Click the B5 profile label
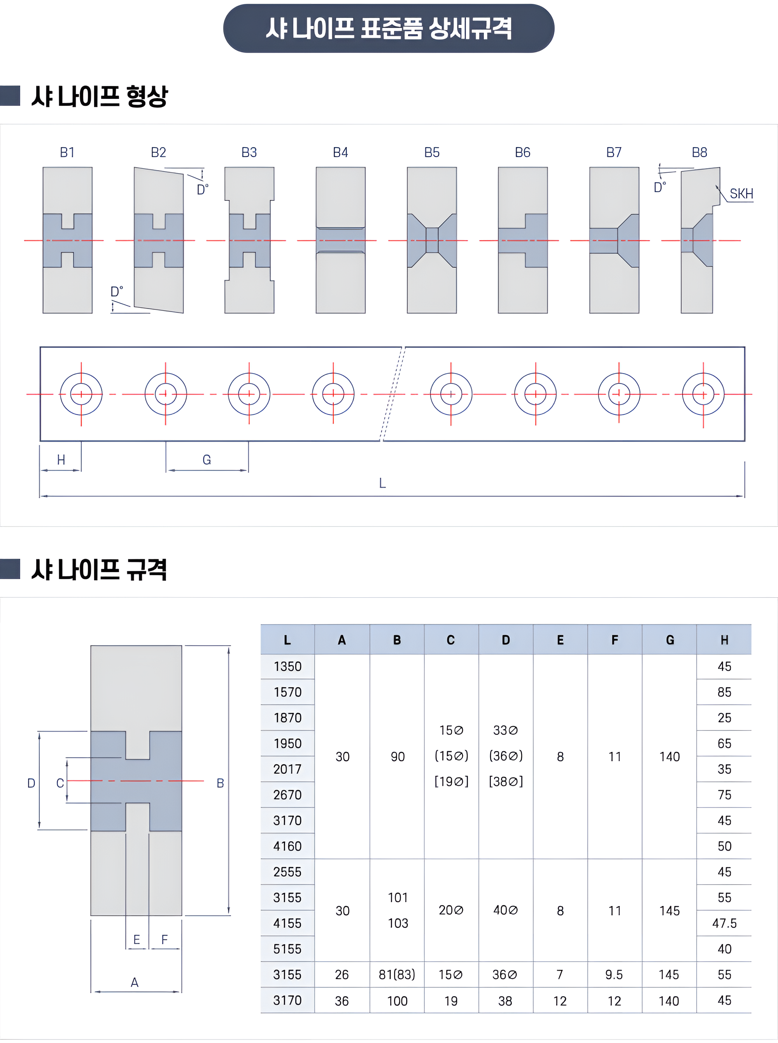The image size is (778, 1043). [x=432, y=152]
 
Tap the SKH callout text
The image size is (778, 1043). [x=741, y=194]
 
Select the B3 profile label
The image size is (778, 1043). [x=249, y=152]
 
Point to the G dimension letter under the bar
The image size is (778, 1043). [x=207, y=460]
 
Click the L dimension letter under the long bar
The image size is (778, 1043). [x=382, y=483]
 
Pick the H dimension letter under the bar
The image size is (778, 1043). [x=61, y=460]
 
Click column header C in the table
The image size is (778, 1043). [x=451, y=640]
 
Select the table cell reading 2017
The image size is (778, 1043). [x=287, y=769]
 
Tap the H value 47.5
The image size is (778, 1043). [x=724, y=924]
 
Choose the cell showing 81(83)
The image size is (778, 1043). [x=397, y=975]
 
